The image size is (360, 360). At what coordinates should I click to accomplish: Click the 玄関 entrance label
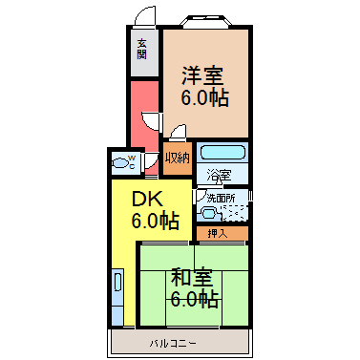coord(142,49)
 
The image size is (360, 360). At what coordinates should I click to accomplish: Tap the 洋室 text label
coord(202,75)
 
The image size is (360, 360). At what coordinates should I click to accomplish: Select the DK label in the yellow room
coord(147,200)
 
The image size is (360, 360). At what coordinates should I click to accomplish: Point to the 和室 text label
coord(192,277)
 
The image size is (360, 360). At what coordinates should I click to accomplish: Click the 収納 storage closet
coord(178,159)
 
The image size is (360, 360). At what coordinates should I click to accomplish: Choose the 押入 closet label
coord(218,234)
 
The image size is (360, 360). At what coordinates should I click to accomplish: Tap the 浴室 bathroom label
coord(219,175)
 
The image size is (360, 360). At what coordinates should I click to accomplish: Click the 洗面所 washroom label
coord(222,199)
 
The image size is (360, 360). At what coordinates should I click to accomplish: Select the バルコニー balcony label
coord(173,344)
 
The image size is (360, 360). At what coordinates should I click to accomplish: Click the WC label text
coord(132,161)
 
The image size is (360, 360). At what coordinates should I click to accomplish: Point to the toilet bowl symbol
coord(119,163)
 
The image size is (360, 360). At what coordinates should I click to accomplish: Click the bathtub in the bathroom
coord(222,152)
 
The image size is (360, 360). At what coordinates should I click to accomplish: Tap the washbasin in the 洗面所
coord(208,213)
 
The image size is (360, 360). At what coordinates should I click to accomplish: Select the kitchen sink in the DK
coord(117,282)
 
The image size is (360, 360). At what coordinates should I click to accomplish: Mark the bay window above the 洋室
coord(206,20)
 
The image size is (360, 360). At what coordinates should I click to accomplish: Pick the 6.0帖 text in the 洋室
coord(205,97)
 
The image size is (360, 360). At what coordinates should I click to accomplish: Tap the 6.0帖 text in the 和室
coord(195,298)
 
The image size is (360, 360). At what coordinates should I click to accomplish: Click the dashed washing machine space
coord(234,213)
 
